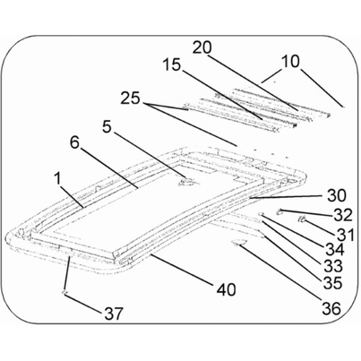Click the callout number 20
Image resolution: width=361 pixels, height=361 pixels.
pos(202,47)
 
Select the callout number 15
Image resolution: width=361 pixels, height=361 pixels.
pos(172,64)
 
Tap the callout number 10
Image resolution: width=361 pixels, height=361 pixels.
pos(290,62)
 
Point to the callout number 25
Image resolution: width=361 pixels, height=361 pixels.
pos(130,98)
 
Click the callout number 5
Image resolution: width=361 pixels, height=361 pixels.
pos(107,127)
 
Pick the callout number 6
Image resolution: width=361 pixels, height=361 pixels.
pos(75,142)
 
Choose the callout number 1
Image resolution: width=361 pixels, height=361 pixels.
pos(58,179)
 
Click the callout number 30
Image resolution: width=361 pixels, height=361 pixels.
pos(336,195)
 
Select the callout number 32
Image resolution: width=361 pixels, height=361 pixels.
pos(343,215)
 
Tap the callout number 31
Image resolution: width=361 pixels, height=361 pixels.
pos(346,235)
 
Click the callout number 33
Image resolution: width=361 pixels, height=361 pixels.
pos(333,266)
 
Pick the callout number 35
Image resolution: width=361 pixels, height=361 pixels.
pos(332,283)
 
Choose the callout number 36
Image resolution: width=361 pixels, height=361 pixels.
pos(331,308)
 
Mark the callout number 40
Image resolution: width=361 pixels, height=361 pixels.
pos(226,289)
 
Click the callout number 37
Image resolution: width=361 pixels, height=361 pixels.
pos(114,314)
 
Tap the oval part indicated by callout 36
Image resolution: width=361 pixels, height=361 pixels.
pos(239,243)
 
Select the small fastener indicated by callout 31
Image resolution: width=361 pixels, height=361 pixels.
pos(302,219)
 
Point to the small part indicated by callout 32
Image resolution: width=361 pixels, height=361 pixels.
pos(280,211)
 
